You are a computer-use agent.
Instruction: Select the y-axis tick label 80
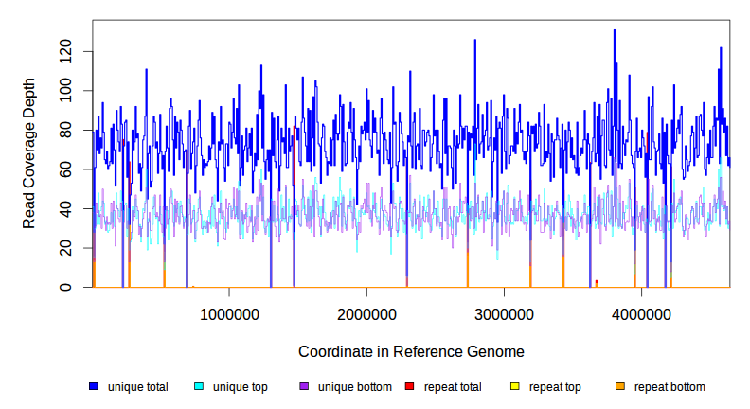[65, 131]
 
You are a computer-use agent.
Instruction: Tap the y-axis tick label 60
[65, 169]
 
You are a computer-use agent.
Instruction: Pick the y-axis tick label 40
[65, 208]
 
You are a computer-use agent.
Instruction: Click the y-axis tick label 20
[65, 248]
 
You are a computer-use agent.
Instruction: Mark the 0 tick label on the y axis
[69, 287]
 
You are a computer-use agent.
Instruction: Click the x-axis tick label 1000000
[229, 314]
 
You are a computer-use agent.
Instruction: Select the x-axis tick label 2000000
[366, 314]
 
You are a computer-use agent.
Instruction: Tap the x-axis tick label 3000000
[504, 314]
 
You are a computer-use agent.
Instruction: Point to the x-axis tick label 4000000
[641, 314]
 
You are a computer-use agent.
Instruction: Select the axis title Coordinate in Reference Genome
[411, 351]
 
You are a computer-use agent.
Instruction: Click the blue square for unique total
[94, 387]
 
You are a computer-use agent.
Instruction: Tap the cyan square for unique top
[199, 387]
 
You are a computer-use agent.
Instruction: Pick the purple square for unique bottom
[304, 387]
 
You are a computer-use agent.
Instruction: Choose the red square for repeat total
[409, 387]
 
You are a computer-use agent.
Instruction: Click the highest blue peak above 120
[615, 31]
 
